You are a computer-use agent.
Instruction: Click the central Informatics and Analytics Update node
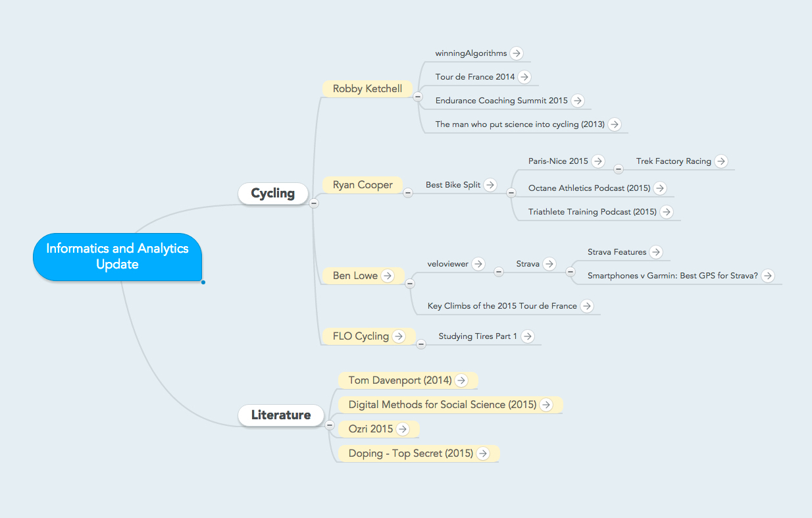pyautogui.click(x=117, y=257)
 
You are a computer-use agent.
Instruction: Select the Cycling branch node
pyautogui.click(x=273, y=194)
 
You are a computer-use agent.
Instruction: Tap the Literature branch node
pyautogui.click(x=281, y=415)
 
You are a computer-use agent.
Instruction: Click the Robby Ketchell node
pyautogui.click(x=367, y=89)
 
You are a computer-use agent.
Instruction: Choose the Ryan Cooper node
pyautogui.click(x=363, y=185)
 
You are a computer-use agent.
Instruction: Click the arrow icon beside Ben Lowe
pyautogui.click(x=388, y=276)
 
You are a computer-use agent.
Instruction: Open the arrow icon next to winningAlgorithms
pyautogui.click(x=516, y=53)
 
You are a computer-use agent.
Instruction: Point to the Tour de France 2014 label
pyautogui.click(x=475, y=77)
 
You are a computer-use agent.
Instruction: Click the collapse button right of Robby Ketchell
pyautogui.click(x=418, y=97)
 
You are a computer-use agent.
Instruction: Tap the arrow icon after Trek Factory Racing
pyautogui.click(x=721, y=161)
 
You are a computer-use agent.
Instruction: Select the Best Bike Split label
pyautogui.click(x=453, y=185)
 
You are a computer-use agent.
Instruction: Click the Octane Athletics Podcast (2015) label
pyautogui.click(x=589, y=188)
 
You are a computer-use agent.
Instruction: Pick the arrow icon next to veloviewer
pyautogui.click(x=478, y=264)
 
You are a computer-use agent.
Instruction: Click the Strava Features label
pyautogui.click(x=617, y=252)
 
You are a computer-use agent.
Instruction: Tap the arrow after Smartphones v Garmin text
pyautogui.click(x=767, y=276)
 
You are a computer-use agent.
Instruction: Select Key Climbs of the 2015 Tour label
pyautogui.click(x=502, y=306)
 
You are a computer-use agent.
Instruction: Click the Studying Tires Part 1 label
pyautogui.click(x=478, y=336)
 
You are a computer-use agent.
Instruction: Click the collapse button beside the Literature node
pyautogui.click(x=330, y=425)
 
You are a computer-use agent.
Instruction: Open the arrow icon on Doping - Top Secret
pyautogui.click(x=483, y=453)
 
